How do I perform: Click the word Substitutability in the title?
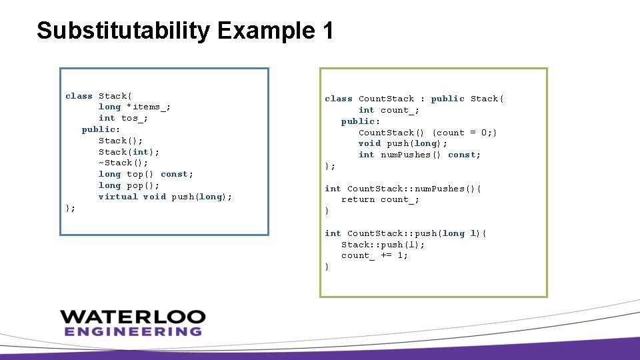pos(123,31)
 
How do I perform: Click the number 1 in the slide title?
pos(327,31)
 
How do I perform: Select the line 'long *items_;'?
pos(134,107)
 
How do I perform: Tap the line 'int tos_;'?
pos(123,118)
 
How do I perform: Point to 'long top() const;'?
pos(145,174)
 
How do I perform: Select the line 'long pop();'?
pos(129,185)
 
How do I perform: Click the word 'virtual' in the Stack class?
pos(117,197)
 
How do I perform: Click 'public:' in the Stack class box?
pos(101,129)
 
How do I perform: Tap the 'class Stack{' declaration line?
pos(99,96)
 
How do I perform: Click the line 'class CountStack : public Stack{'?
pos(414,99)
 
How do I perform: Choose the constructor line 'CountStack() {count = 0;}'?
pos(427,133)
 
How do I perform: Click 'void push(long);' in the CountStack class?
pos(403,143)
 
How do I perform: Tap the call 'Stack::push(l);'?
pos(383,245)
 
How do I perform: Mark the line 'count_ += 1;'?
pos(374,255)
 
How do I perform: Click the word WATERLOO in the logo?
pos(133,317)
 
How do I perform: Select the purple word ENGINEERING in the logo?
pos(133,331)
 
